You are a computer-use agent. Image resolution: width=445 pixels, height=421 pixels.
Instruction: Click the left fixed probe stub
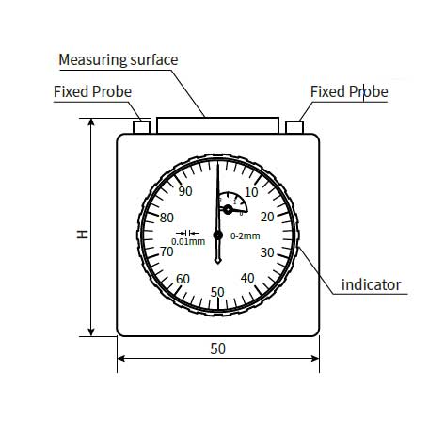(141, 127)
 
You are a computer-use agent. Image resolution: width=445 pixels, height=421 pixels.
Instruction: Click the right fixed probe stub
(294, 127)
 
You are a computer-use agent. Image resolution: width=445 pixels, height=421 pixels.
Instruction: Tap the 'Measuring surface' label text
(119, 59)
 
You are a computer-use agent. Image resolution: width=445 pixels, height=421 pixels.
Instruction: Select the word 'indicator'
(371, 284)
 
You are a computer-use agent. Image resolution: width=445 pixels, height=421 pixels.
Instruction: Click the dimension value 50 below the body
(217, 348)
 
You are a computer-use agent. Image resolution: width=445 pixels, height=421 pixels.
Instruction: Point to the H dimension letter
(83, 235)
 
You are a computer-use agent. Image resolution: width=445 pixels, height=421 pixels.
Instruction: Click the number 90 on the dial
(185, 191)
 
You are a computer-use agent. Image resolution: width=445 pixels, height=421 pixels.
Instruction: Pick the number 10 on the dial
(251, 192)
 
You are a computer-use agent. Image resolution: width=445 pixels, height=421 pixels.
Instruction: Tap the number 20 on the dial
(267, 217)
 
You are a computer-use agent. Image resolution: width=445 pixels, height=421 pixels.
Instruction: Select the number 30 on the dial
(267, 252)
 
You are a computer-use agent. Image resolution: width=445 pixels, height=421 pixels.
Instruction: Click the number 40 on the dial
(247, 278)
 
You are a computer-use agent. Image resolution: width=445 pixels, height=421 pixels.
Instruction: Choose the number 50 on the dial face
(217, 292)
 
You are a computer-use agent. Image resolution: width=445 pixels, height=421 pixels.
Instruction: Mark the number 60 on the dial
(183, 279)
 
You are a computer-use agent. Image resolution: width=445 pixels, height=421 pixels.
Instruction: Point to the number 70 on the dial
(167, 251)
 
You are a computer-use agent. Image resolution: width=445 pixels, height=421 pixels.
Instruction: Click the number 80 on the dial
(167, 218)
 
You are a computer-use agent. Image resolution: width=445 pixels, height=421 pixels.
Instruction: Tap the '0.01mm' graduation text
(188, 241)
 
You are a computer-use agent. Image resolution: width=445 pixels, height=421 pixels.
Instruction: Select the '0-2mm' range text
(246, 235)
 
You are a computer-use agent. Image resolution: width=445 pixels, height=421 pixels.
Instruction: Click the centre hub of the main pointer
(218, 235)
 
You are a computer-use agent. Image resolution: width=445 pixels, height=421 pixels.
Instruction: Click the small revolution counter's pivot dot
(228, 209)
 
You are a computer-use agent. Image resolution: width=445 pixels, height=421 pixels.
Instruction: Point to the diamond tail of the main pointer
(218, 260)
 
